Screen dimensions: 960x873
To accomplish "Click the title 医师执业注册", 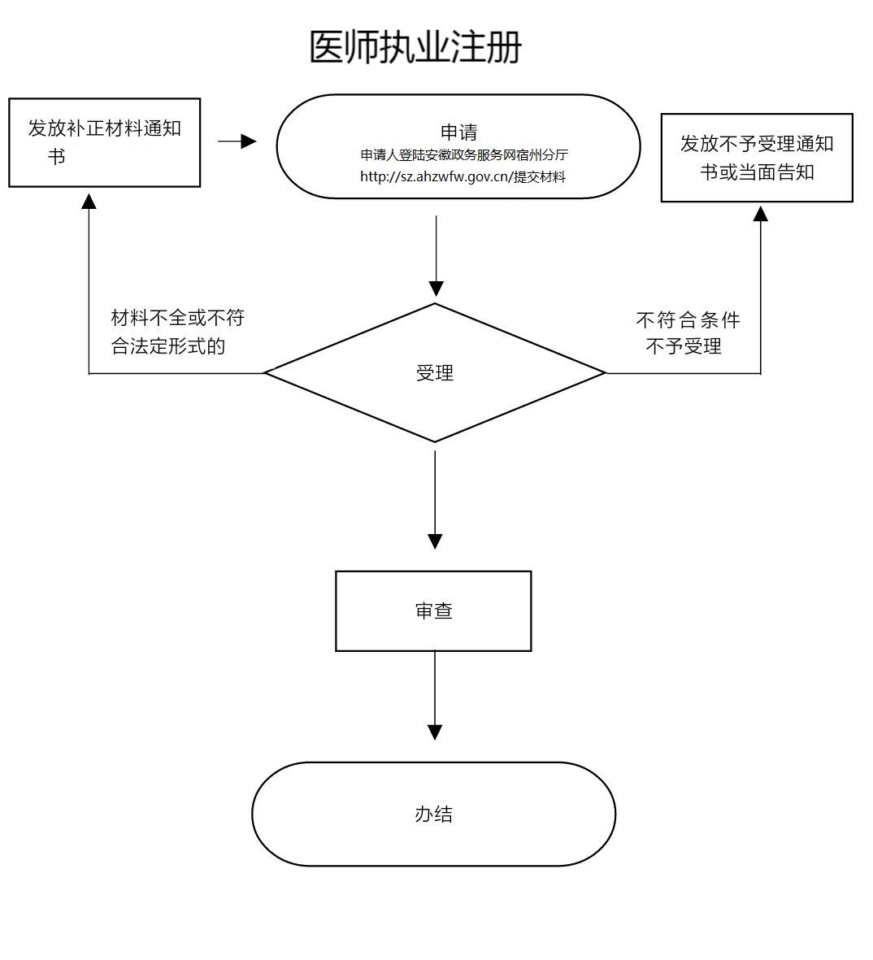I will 415,47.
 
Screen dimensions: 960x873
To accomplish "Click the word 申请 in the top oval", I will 458,132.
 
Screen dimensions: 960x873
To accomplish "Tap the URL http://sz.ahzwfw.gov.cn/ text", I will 435,176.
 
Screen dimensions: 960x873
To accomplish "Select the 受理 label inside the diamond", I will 435,373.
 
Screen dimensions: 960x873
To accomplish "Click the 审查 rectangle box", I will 433,611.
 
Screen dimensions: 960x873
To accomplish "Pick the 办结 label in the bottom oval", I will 433,814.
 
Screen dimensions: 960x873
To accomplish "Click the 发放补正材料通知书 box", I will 104,142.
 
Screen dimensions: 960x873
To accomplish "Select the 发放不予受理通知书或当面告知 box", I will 756,158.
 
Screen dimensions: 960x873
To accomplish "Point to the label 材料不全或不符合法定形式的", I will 176,332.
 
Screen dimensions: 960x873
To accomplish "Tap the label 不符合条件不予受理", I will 687,332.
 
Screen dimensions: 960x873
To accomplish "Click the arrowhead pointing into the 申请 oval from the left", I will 248,142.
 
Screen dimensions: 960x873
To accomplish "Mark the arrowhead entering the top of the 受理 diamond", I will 436,289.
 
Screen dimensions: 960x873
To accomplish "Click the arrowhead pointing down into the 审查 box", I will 435,541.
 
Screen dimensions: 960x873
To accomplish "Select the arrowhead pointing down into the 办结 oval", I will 435,732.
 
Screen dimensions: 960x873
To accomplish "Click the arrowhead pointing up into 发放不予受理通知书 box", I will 760,214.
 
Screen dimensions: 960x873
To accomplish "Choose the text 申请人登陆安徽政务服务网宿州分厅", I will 463,155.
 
